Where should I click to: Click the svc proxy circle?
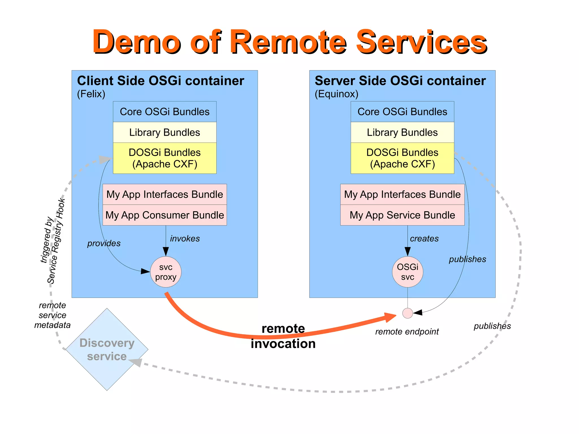point(166,272)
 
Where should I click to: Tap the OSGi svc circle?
point(407,272)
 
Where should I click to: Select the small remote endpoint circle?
point(407,313)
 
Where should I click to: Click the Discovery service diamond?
point(107,349)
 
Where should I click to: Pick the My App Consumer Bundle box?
point(165,215)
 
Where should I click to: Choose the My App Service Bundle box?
point(402,215)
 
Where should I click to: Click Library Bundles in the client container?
point(165,132)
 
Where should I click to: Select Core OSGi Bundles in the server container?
point(402,112)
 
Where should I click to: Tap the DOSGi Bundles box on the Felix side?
point(165,158)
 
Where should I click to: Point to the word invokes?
point(185,238)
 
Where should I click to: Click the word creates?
point(424,238)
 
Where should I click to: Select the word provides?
point(104,243)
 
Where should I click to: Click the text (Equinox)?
point(336,94)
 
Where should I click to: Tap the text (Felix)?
point(91,94)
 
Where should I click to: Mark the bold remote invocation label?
point(283,336)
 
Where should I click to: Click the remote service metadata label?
point(52,315)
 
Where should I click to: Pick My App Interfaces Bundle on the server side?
point(402,195)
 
